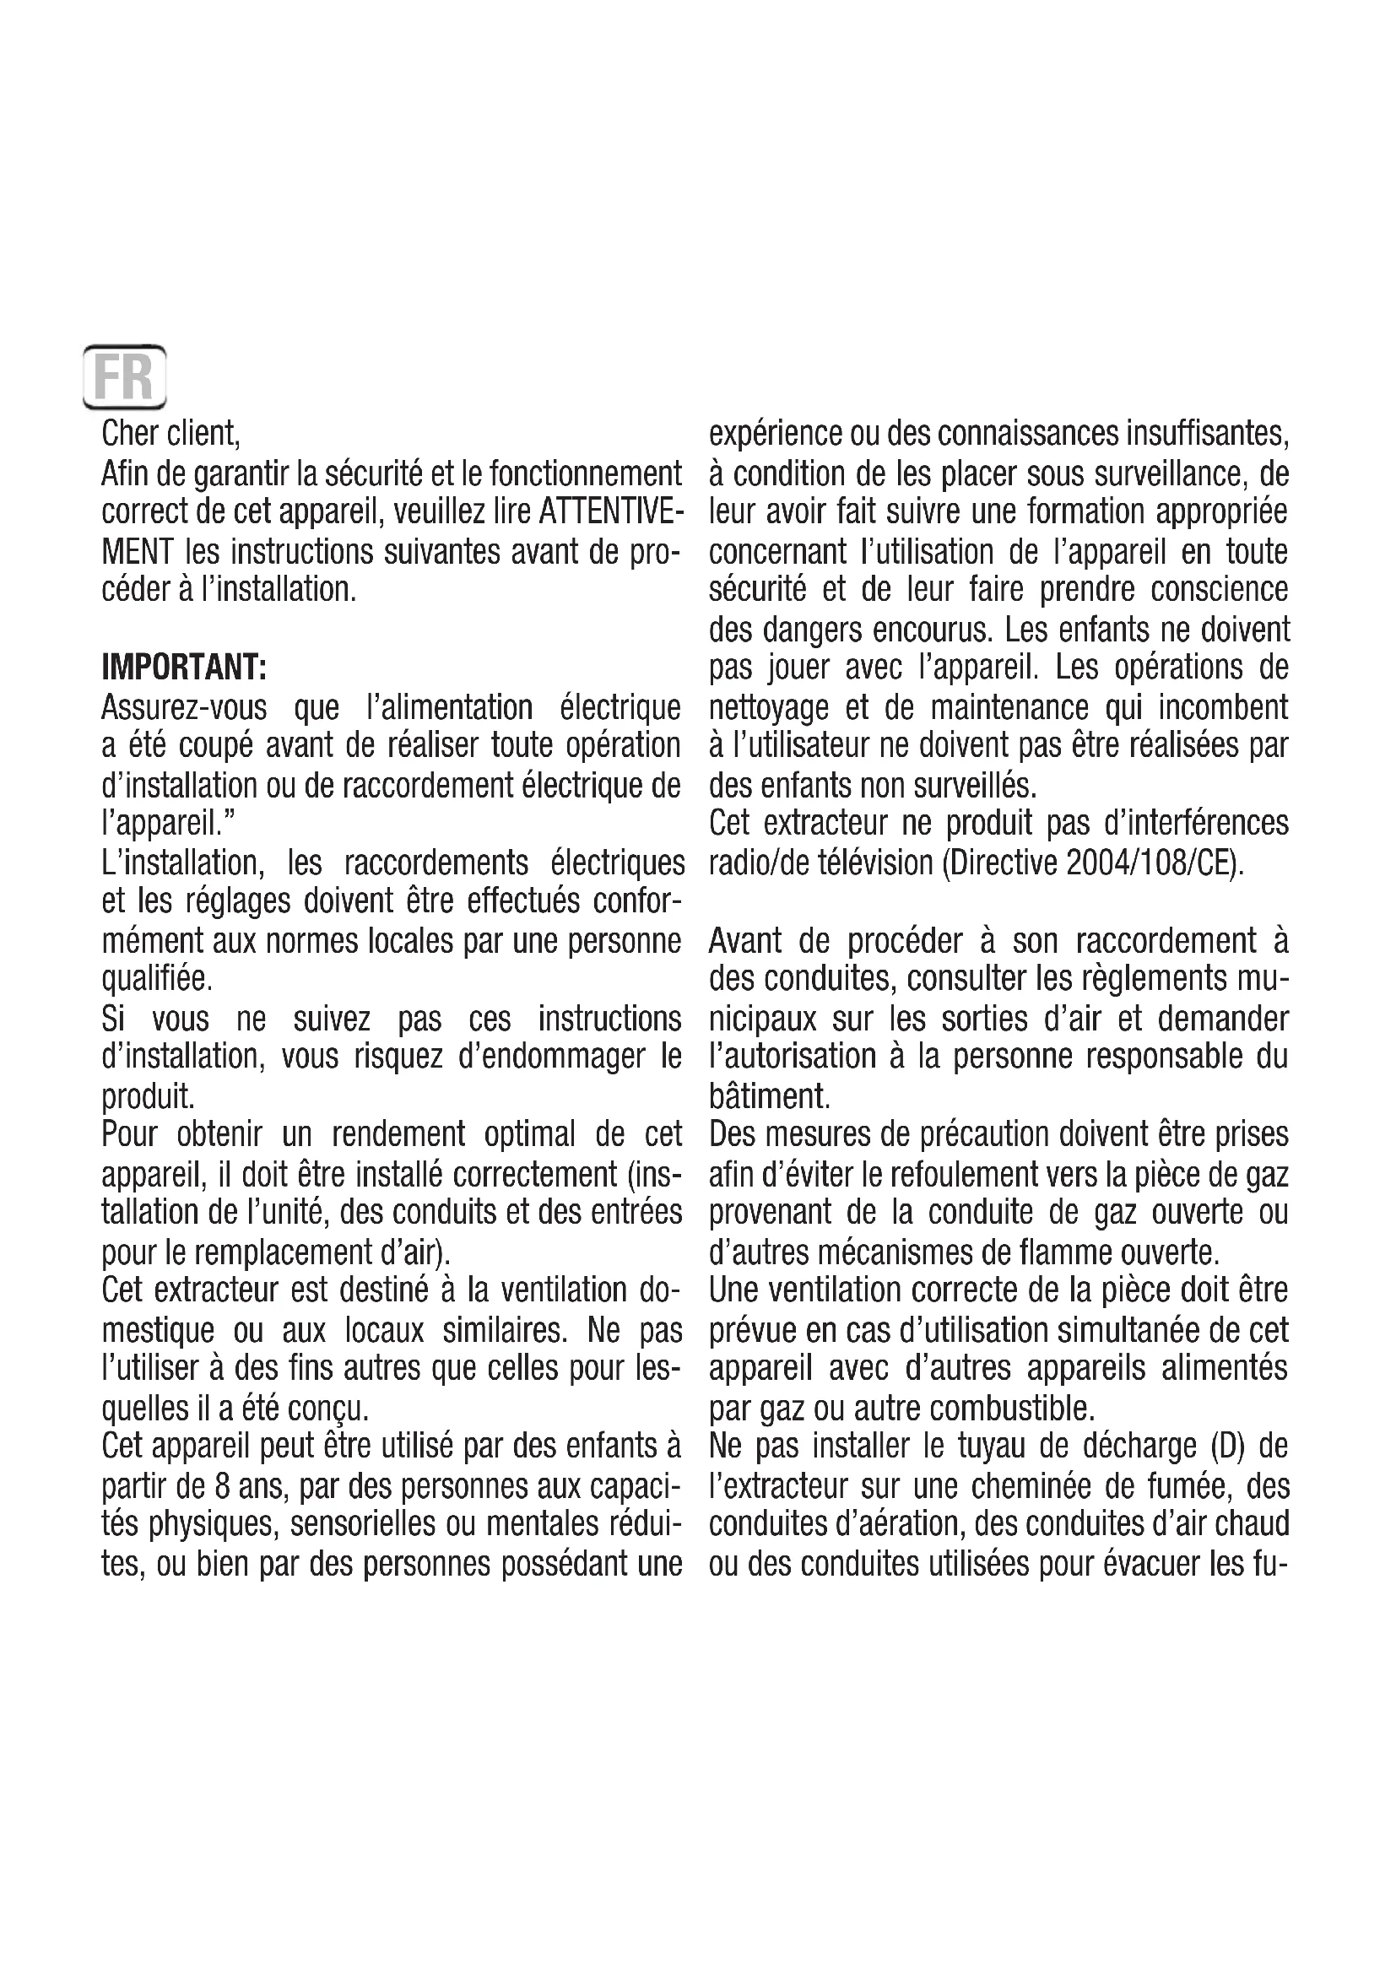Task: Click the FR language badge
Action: [124, 376]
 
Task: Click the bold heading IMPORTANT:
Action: [184, 668]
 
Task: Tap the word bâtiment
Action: [769, 1096]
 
